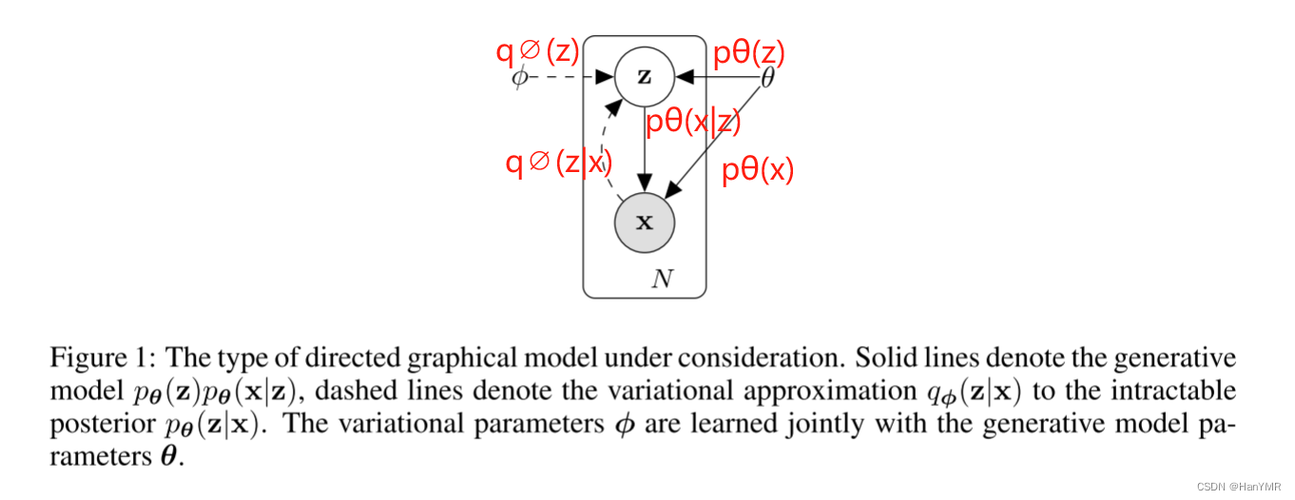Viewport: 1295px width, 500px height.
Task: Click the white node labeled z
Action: pyautogui.click(x=644, y=77)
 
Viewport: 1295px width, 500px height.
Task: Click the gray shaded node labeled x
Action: pyautogui.click(x=644, y=222)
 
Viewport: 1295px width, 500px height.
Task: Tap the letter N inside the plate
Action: pyautogui.click(x=662, y=279)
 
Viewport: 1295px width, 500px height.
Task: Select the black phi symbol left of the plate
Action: pyautogui.click(x=519, y=77)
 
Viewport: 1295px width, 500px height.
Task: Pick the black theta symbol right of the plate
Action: pyautogui.click(x=767, y=78)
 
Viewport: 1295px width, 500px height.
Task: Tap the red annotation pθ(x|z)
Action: pyautogui.click(x=692, y=123)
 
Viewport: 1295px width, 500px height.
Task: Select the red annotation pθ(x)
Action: pyautogui.click(x=757, y=170)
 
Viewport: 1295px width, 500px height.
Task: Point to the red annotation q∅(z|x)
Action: pyautogui.click(x=555, y=163)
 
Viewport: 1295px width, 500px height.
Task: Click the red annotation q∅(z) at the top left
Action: pyautogui.click(x=537, y=51)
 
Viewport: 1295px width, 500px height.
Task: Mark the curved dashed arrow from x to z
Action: pyautogui.click(x=603, y=143)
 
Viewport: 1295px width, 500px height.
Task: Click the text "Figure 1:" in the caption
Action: pyautogui.click(x=102, y=358)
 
